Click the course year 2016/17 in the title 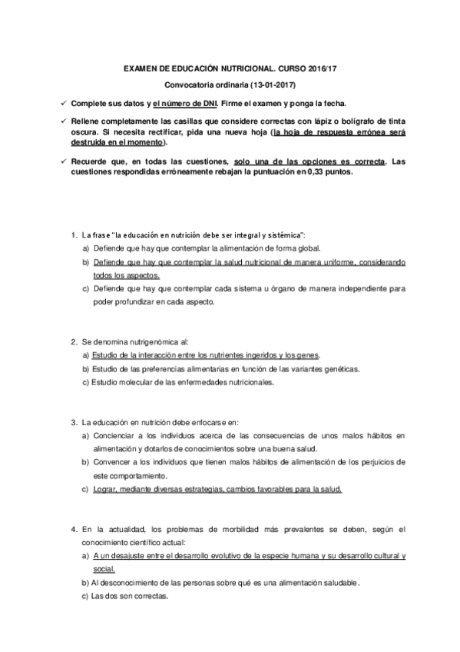[x=320, y=68]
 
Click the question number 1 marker [x=73, y=233]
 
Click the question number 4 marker [x=73, y=529]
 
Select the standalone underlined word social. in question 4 [x=104, y=569]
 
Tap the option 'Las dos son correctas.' [x=129, y=597]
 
